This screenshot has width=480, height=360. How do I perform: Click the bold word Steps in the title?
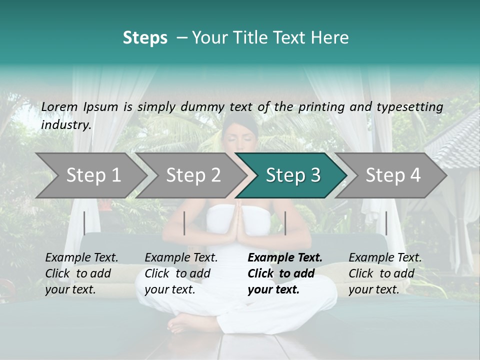145,38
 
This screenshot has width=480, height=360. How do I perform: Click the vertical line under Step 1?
84,223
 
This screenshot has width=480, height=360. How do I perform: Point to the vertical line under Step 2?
184,223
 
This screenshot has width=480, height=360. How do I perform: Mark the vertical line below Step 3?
285,223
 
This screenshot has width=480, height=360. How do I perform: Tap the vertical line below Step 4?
386,223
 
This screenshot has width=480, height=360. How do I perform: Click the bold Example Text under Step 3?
285,258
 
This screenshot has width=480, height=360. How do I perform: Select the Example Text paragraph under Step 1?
81,273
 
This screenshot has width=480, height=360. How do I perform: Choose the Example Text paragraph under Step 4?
385,273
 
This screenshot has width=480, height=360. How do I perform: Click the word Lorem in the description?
59,106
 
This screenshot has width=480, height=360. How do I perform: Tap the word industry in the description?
66,125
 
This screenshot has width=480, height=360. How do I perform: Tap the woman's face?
240,137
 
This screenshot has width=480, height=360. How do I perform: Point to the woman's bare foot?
182,325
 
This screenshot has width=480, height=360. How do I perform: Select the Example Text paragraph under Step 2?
181,273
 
